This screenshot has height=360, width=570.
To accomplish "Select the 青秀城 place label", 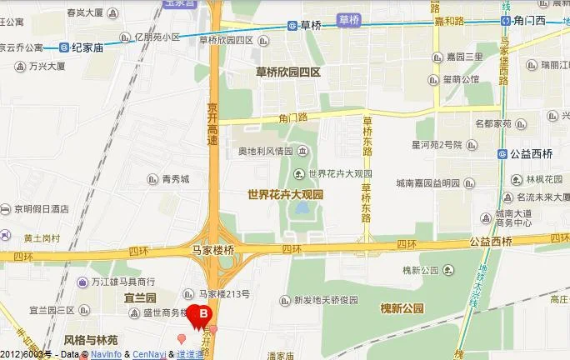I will pyautogui.click(x=175, y=178).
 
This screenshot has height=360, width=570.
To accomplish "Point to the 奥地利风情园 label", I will pyautogui.click(x=265, y=151).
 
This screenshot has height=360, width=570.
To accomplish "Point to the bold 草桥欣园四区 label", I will pyautogui.click(x=287, y=72).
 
